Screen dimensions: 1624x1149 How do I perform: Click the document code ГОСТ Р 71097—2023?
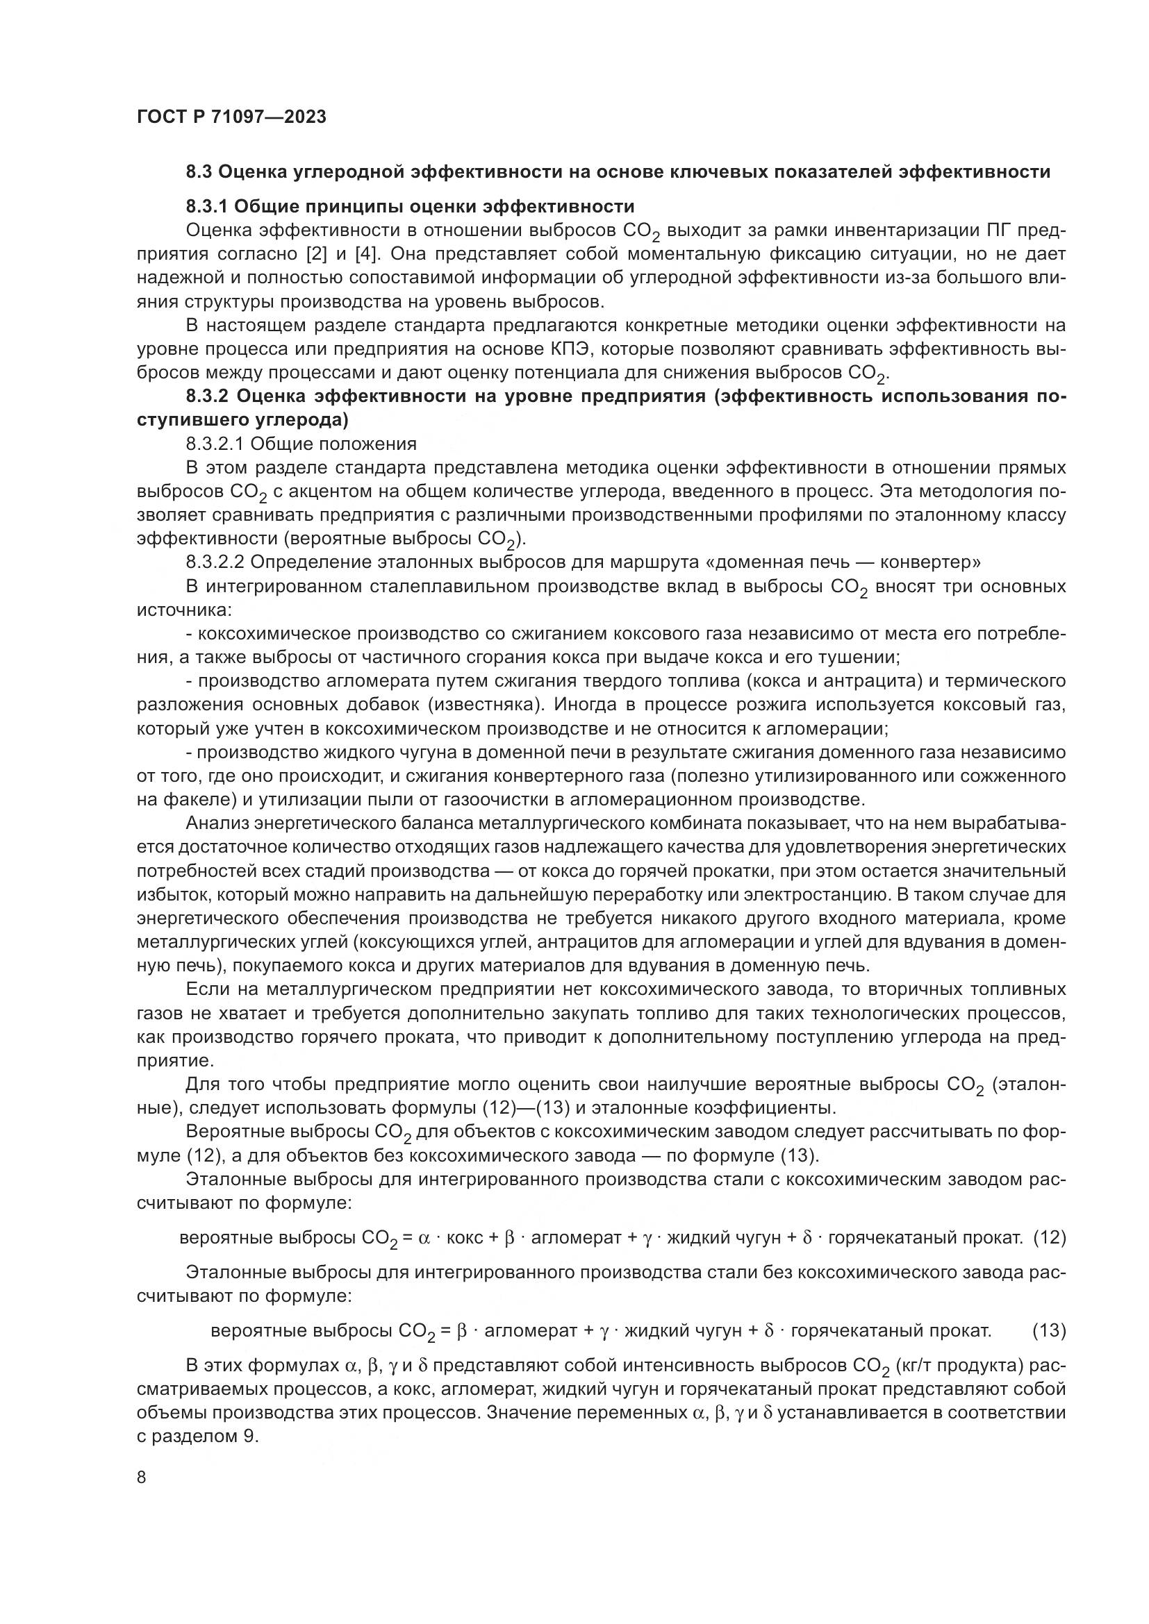[231, 117]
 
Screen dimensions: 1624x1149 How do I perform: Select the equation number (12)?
[1049, 1237]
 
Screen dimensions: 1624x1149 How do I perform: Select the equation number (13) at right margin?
[1049, 1330]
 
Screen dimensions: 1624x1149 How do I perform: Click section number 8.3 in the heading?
[201, 172]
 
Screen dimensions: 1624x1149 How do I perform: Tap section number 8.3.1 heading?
[206, 206]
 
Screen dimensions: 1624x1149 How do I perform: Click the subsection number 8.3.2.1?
[215, 444]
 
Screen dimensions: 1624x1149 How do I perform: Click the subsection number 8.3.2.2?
[215, 562]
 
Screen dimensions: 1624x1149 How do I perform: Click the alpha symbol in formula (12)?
[424, 1238]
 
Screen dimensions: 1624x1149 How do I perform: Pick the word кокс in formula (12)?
[464, 1238]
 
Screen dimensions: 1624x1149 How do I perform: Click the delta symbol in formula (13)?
[769, 1330]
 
